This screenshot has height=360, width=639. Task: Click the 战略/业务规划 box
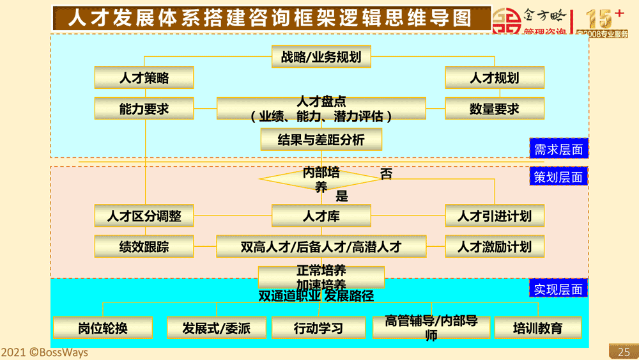click(x=321, y=57)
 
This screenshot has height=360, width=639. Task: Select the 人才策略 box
click(x=144, y=78)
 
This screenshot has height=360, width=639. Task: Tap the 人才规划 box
click(x=495, y=78)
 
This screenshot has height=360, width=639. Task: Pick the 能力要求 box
click(x=144, y=109)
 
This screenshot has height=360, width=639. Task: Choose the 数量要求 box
click(x=495, y=109)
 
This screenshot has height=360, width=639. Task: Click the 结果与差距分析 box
click(x=321, y=139)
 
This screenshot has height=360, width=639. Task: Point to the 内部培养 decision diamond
click(x=321, y=180)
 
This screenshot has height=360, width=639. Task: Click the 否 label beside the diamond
click(x=386, y=174)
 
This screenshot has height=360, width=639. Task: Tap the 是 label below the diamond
click(x=342, y=196)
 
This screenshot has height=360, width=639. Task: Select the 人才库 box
click(x=321, y=216)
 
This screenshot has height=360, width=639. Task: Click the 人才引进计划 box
click(x=495, y=216)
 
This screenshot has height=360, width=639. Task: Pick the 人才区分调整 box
click(x=144, y=216)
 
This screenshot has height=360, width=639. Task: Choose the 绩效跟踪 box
click(x=144, y=246)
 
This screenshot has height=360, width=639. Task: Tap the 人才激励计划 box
click(x=495, y=246)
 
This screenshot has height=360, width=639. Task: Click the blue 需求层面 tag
click(x=558, y=150)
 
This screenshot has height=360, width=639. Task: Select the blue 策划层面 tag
click(x=558, y=177)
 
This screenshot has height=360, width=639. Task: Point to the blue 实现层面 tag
click(x=558, y=289)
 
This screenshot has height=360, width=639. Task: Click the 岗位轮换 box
click(x=103, y=328)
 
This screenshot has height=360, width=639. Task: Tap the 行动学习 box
click(x=318, y=328)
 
